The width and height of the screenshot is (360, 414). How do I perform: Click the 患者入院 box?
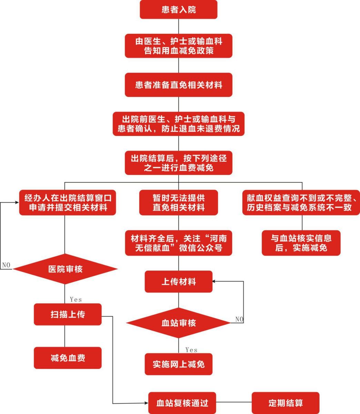coord(178,9)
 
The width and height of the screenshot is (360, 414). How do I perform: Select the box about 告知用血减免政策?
coord(178,46)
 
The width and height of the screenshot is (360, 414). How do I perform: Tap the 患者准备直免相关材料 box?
coord(178,85)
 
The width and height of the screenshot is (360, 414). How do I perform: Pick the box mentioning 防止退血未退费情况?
coord(178,124)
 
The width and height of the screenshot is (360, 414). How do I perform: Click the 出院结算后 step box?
coord(178,163)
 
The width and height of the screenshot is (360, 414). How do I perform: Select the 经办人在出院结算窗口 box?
coord(67,203)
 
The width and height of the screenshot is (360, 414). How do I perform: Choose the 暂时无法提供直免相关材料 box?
coord(178,203)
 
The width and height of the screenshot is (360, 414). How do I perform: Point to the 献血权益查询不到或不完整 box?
coord(301,203)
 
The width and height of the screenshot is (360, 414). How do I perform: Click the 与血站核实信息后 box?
coord(301,243)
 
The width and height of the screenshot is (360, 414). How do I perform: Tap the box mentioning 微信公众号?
coord(178,243)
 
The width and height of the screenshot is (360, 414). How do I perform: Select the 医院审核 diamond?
coord(65,269)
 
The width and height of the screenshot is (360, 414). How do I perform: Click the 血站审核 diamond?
coord(178,323)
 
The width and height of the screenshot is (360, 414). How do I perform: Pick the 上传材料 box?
coord(178,282)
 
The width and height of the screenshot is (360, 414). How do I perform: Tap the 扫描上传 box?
coord(68,314)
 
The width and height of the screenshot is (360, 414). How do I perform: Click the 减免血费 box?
coord(68,358)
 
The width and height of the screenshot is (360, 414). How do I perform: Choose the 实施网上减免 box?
coord(178,364)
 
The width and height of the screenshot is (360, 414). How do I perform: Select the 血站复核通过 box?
coord(182,403)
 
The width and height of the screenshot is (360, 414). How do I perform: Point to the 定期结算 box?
coord(286,403)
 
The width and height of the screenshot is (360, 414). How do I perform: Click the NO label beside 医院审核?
coord(6,265)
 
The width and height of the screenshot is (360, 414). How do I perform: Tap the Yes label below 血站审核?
coord(191,350)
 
